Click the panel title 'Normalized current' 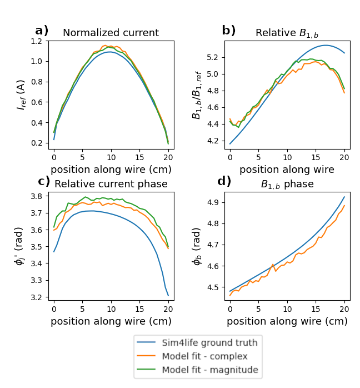[x=111, y=33]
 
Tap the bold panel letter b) [x=229, y=31]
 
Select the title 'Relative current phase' [x=111, y=184]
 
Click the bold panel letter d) [x=224, y=181]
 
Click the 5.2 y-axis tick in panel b [x=213, y=57]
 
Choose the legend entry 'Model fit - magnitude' [x=209, y=370]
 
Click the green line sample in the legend [x=147, y=370]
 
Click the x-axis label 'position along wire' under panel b [x=287, y=169]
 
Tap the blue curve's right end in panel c [x=168, y=296]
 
